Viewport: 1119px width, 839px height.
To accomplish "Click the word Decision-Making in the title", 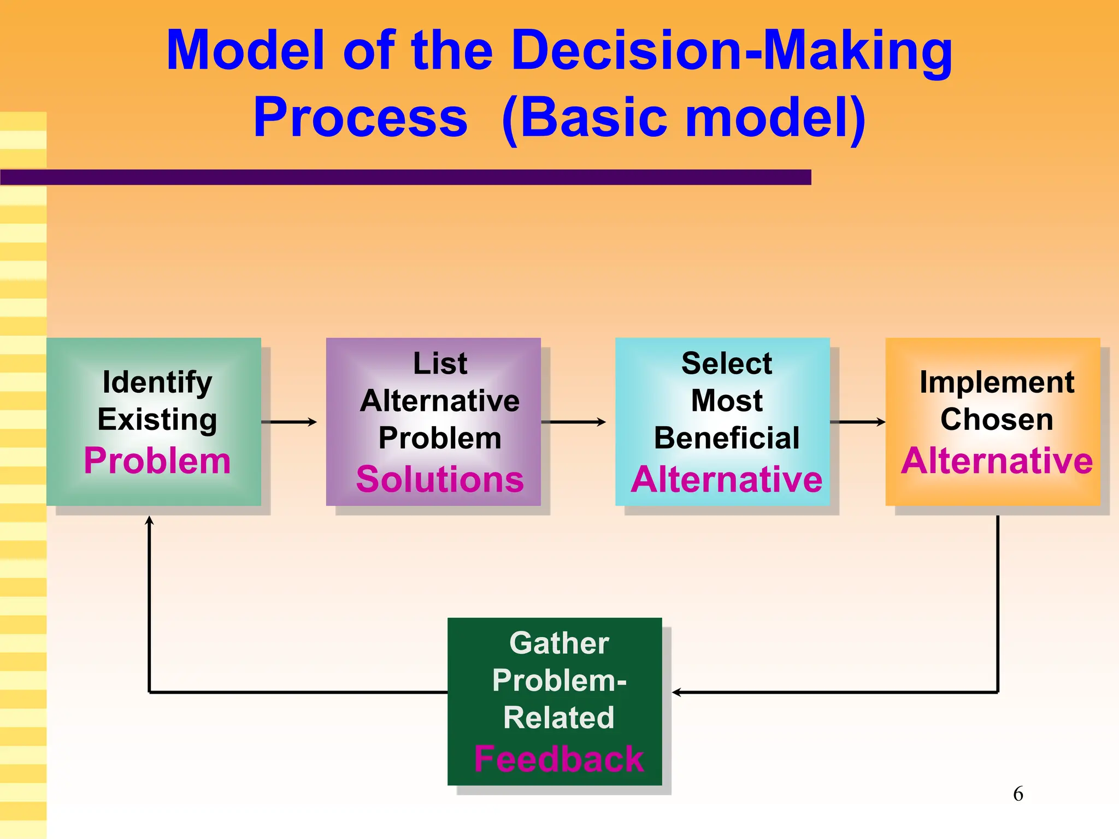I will tap(732, 50).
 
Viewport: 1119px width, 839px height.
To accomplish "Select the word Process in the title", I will tap(361, 117).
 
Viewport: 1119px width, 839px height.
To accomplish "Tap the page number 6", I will tap(1018, 794).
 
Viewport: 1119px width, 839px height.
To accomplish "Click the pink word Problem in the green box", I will tap(157, 460).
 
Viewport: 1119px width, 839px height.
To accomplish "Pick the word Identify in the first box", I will tap(157, 382).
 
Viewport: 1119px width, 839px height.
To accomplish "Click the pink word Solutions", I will tap(440, 479).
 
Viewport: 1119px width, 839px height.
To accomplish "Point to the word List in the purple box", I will tap(440, 363).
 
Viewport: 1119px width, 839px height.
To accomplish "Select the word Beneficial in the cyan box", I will tap(727, 438).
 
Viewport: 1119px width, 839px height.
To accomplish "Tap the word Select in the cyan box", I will tap(727, 363).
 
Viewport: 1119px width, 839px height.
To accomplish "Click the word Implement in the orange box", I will tap(997, 382).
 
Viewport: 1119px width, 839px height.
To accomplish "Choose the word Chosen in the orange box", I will tap(997, 419).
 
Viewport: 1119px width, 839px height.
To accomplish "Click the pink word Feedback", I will tap(559, 759).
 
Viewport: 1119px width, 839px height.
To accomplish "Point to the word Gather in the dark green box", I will tap(559, 643).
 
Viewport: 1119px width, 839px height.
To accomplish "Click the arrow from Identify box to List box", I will tap(290, 422).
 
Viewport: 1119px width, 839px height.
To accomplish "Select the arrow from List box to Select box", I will tap(574, 422).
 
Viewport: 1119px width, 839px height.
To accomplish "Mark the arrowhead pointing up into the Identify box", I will tap(149, 521).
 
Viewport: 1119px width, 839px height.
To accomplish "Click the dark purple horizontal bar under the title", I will tap(404, 177).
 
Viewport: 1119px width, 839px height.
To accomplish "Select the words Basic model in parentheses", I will tap(683, 117).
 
